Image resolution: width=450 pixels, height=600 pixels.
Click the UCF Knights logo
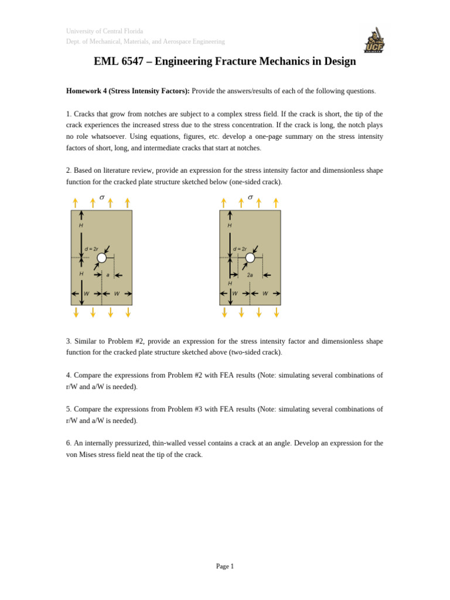[x=374, y=40]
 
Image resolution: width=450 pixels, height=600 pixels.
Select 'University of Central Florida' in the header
[x=104, y=31]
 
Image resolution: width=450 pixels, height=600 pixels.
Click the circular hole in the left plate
[x=102, y=258]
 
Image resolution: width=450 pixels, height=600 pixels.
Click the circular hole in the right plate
[x=250, y=258]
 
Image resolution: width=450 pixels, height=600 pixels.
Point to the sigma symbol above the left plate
[x=102, y=197]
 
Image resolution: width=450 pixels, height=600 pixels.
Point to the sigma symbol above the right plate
[x=250, y=197]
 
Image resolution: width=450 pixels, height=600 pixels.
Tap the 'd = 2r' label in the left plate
[x=91, y=249]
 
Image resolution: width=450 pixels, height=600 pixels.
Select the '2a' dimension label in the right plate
[x=250, y=275]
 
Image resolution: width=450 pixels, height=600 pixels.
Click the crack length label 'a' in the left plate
[x=108, y=275]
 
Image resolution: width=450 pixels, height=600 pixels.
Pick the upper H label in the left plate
[x=81, y=226]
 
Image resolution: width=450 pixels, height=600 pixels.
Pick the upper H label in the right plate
[x=230, y=226]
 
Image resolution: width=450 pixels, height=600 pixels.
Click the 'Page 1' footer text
[x=225, y=566]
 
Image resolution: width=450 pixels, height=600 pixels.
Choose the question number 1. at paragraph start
[x=69, y=114]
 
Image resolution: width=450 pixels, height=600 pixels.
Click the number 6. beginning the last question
[x=69, y=443]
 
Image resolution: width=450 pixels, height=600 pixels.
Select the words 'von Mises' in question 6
[x=82, y=455]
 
